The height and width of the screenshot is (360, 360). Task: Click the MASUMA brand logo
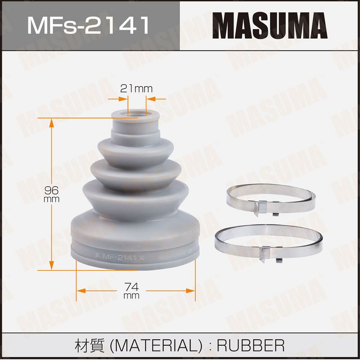(x=270, y=26)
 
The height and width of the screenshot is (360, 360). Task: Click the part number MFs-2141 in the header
(x=88, y=25)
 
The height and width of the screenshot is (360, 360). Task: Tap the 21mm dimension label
(x=136, y=89)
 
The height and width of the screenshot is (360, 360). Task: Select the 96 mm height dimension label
(x=52, y=194)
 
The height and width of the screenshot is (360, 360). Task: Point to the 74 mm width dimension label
(x=131, y=290)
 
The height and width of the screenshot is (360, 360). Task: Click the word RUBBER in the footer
(x=251, y=345)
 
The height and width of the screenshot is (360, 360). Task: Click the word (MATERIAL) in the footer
(x=156, y=346)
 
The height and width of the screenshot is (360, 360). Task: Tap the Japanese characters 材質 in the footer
(x=90, y=346)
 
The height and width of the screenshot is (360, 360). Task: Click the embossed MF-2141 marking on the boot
(x=120, y=257)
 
